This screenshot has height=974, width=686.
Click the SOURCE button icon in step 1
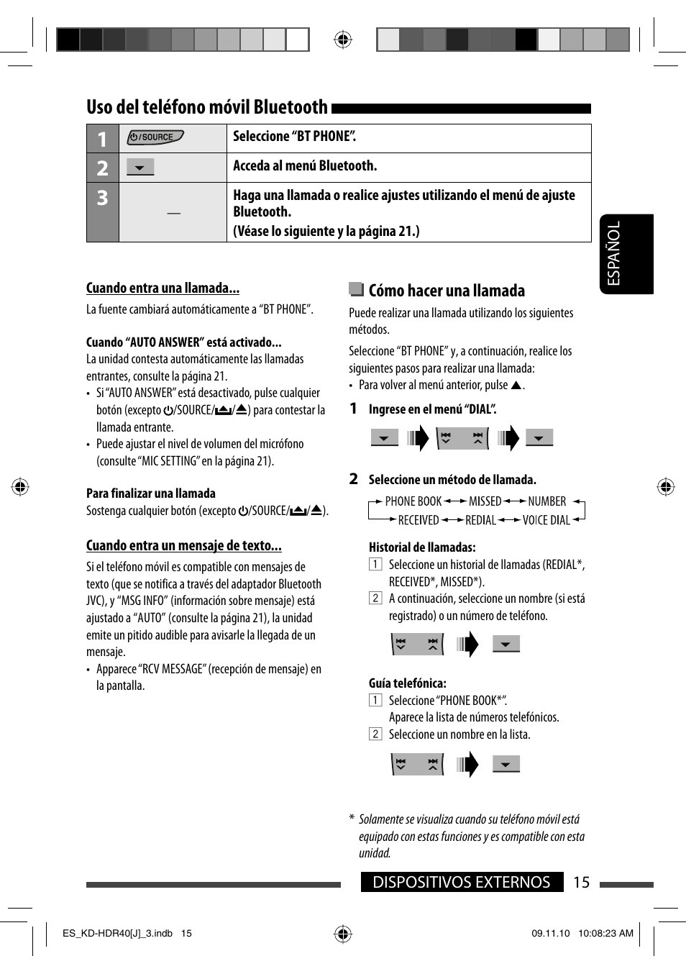point(155,137)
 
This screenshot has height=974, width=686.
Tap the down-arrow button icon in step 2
point(140,168)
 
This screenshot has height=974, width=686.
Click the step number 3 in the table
point(103,198)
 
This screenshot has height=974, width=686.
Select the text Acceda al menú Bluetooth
point(305,166)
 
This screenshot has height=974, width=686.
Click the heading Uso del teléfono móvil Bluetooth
point(207,107)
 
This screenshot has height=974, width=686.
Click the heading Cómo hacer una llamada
point(447,291)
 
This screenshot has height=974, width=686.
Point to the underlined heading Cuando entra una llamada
point(163,288)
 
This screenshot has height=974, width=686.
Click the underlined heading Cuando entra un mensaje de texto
point(183,545)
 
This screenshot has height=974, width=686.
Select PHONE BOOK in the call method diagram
point(413,501)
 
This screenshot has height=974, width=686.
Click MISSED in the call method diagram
point(485,501)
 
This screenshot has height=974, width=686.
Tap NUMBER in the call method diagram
point(546,501)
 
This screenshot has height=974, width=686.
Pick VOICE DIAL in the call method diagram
point(546,520)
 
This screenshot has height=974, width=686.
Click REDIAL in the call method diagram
point(480,520)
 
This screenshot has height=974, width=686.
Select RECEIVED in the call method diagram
point(419,520)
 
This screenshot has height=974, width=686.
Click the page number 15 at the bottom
point(581,883)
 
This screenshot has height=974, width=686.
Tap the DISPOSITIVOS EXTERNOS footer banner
point(461,883)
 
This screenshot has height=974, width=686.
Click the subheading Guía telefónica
point(408,683)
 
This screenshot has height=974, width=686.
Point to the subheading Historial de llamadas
point(422,547)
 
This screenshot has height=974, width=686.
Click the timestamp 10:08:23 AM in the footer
point(605,934)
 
